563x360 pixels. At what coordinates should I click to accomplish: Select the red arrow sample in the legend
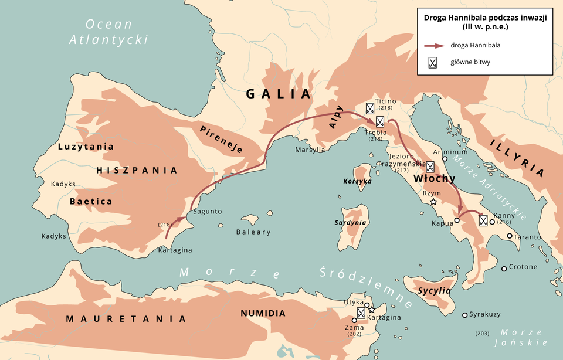(x=434, y=45)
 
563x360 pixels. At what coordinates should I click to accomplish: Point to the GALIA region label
(x=278, y=94)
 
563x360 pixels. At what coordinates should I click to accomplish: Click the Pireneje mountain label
(x=221, y=139)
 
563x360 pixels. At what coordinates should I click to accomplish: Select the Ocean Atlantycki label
(x=108, y=32)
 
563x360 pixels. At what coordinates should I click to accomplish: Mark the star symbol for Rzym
(x=433, y=202)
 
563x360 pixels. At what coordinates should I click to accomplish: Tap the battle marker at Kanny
(x=483, y=220)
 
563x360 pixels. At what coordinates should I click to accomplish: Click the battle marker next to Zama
(x=361, y=313)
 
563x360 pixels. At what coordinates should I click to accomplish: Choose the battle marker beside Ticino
(x=370, y=108)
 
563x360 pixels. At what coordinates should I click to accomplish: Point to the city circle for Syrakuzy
(x=465, y=315)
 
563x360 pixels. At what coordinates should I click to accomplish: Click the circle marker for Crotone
(x=504, y=269)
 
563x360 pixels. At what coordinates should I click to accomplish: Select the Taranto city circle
(x=509, y=236)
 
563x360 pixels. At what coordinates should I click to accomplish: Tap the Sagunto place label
(x=207, y=212)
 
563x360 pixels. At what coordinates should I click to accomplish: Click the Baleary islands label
(x=253, y=232)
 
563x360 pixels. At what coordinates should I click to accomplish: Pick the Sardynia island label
(x=351, y=223)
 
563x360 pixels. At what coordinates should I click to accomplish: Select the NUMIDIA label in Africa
(x=263, y=313)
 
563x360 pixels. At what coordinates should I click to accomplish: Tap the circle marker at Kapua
(x=456, y=220)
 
